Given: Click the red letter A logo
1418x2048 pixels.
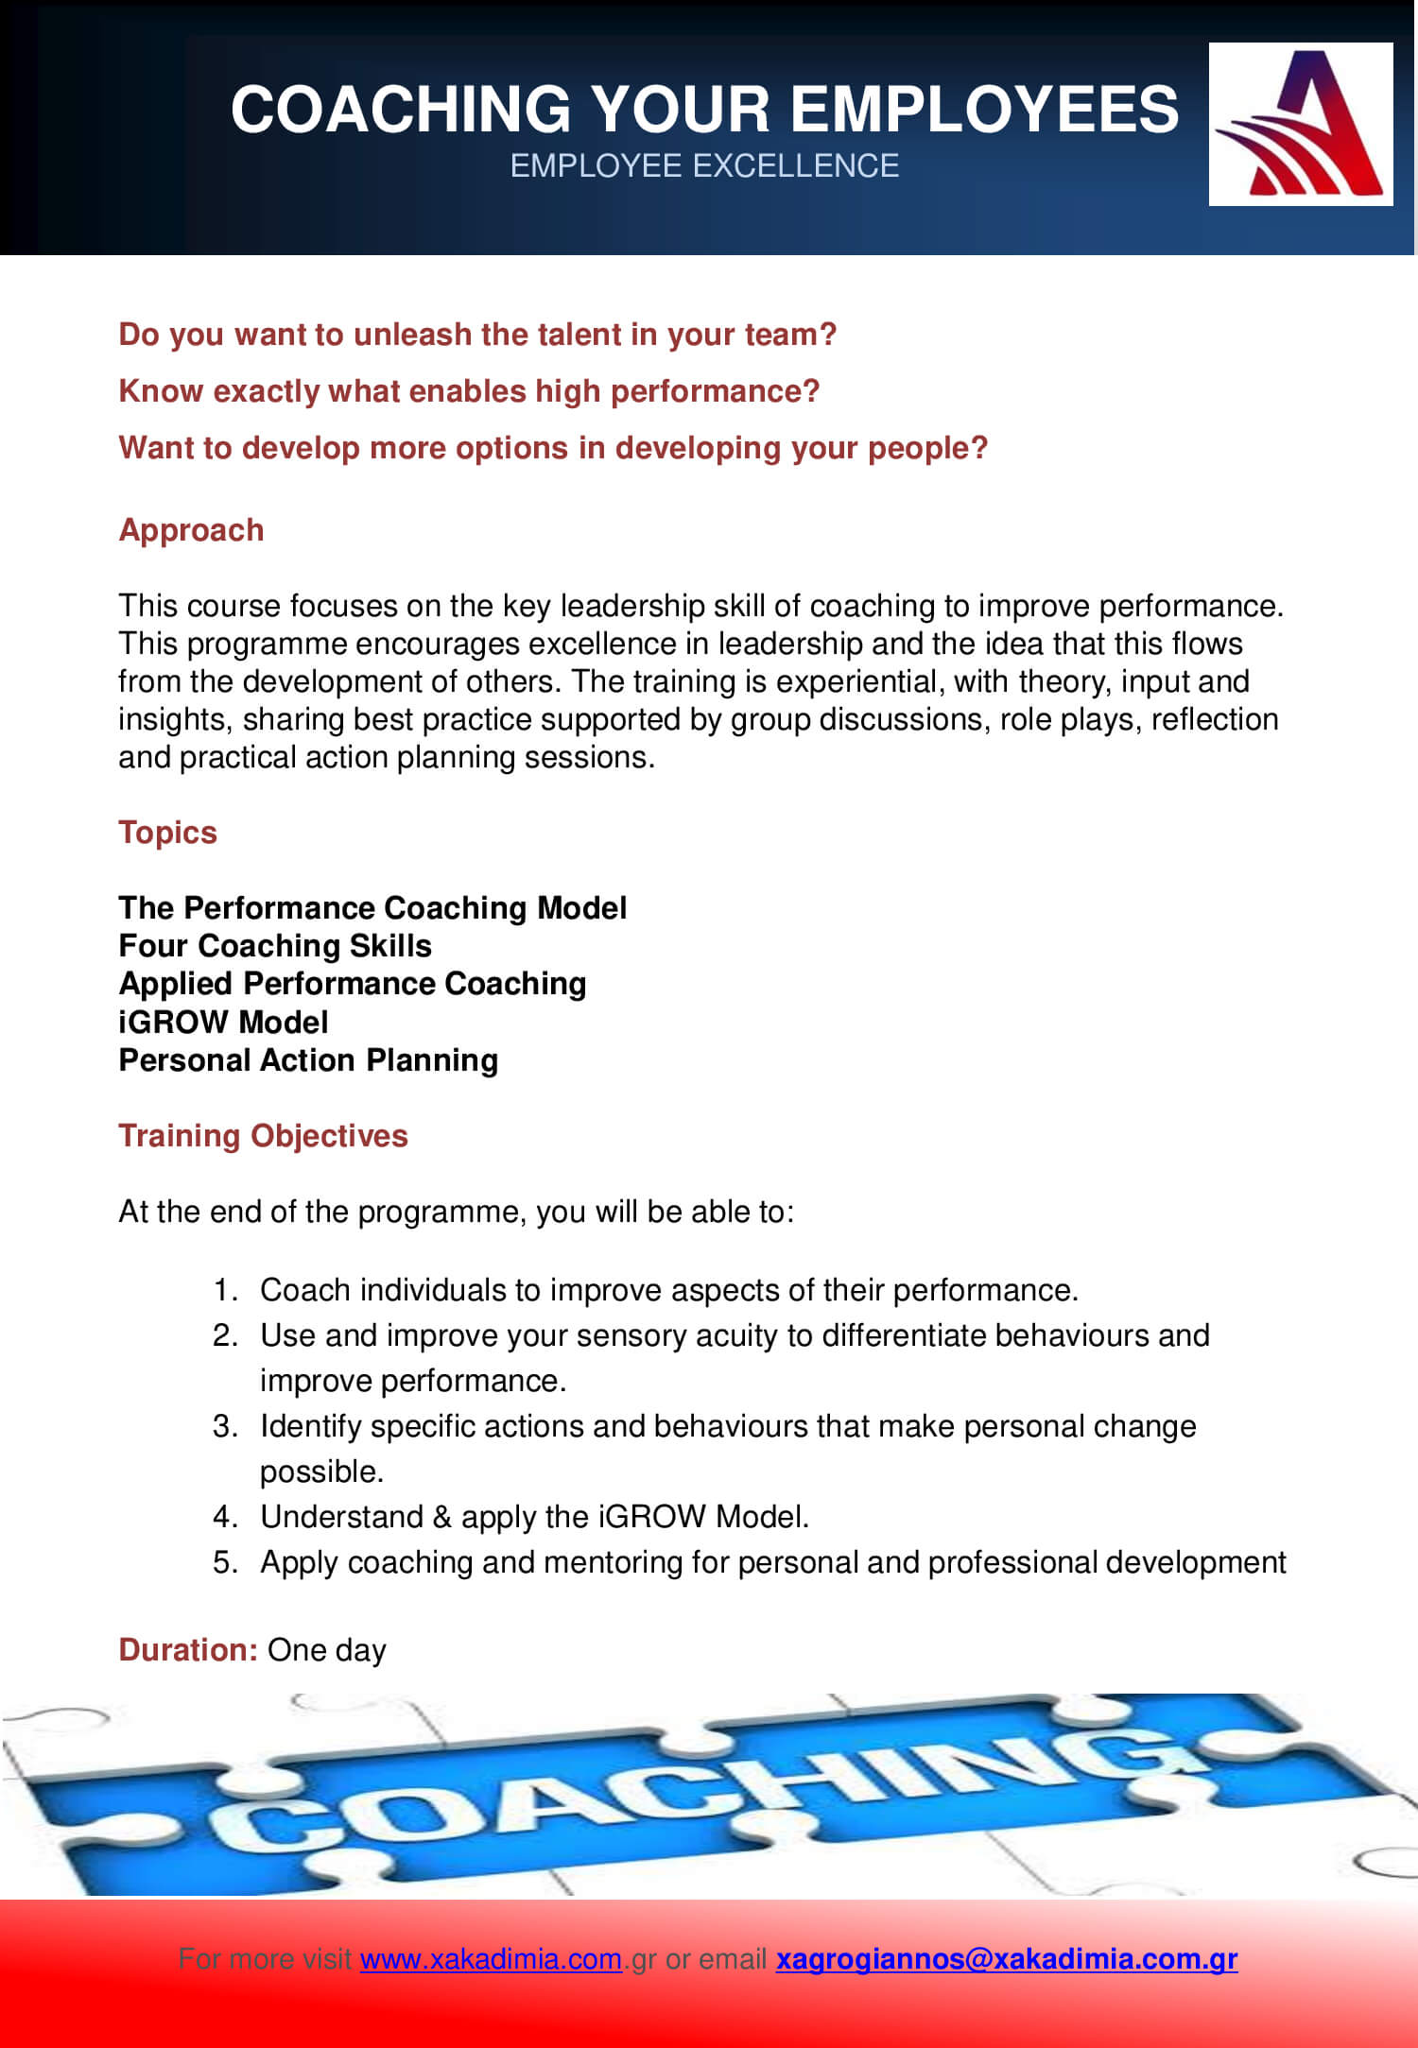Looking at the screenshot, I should click(x=1301, y=124).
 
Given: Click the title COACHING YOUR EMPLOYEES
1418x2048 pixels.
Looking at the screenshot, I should click(x=704, y=108).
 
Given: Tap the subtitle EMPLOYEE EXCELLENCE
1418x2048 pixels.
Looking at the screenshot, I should click(x=704, y=166).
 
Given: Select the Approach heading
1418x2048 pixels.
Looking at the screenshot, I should click(x=191, y=530).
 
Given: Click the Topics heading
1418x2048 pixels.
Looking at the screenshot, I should click(x=167, y=833).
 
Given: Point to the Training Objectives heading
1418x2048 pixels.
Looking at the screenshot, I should click(x=263, y=1135).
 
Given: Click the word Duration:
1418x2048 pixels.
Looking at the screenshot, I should click(x=188, y=1649).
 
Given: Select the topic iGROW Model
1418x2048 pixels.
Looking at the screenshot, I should click(x=223, y=1022).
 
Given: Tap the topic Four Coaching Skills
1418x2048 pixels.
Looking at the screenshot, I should click(x=275, y=946).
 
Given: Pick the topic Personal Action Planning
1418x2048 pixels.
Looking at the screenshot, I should click(x=308, y=1060).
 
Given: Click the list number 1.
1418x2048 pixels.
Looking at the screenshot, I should click(x=223, y=1290).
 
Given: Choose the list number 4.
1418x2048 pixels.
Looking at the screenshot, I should click(x=223, y=1517).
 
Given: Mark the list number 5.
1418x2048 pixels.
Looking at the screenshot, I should click(x=223, y=1562).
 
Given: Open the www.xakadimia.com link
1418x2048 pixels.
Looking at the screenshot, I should click(x=491, y=1959).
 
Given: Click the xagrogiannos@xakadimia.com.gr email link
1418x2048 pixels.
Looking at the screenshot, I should click(x=1006, y=1959).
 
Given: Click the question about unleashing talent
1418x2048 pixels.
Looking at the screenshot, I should click(x=477, y=335).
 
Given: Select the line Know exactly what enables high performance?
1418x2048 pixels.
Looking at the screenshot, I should click(x=469, y=391).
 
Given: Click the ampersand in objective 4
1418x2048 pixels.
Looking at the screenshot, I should click(x=441, y=1517).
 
